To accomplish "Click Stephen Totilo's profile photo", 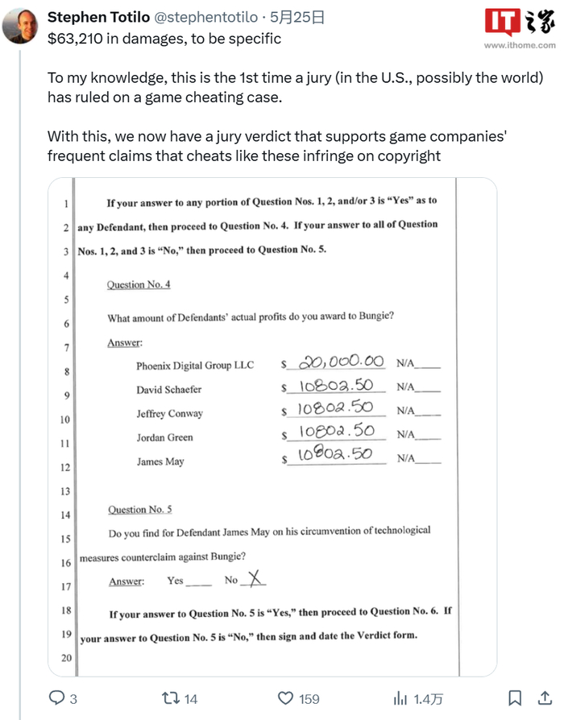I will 21,25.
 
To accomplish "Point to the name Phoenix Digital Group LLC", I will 194,365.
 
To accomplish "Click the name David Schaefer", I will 168,389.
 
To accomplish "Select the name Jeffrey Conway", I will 169,413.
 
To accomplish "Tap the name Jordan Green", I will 164,437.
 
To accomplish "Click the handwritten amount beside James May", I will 334,455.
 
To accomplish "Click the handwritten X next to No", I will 254,577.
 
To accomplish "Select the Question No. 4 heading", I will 139,284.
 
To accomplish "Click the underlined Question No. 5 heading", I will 139,509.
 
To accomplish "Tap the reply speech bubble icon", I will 57,697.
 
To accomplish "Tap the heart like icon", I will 285,697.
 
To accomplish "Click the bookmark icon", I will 516,697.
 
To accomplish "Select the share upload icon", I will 545,697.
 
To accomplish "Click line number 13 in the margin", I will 65,491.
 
